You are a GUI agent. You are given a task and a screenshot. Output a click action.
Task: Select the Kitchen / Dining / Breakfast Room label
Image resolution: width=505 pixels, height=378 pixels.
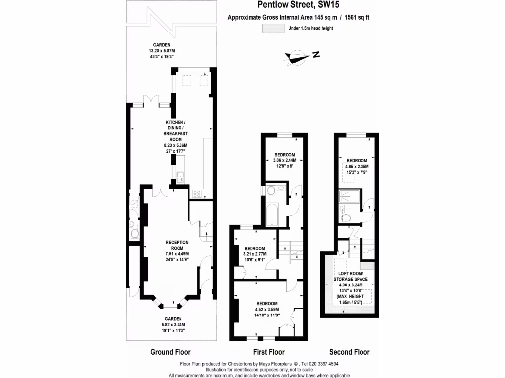click(x=176, y=130)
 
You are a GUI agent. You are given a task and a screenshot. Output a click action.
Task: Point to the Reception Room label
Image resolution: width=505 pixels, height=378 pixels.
click(x=177, y=245)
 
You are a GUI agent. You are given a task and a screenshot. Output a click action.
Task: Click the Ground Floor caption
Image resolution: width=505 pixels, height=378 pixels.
click(x=170, y=352)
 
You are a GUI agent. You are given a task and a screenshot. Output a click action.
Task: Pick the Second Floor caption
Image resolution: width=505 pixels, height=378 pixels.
click(x=349, y=352)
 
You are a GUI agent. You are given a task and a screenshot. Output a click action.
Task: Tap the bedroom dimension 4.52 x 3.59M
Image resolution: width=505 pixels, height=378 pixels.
click(x=267, y=309)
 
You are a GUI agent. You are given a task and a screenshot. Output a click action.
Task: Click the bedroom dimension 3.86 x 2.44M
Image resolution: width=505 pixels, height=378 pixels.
click(x=285, y=160)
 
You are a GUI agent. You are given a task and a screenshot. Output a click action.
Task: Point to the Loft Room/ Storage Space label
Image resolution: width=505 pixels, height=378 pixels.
click(x=350, y=276)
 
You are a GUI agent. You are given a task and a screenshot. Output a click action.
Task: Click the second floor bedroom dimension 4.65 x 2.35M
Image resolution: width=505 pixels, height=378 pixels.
click(x=357, y=167)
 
